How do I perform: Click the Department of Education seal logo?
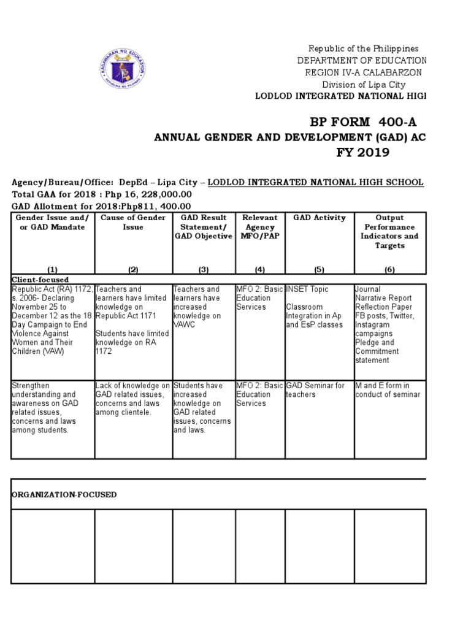[121, 69]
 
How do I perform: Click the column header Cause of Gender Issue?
[133, 222]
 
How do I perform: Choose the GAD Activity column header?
[320, 218]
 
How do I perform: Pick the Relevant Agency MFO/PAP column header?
[260, 227]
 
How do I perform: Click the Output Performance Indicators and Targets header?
[389, 231]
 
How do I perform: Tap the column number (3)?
[204, 269]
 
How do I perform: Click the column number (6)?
[389, 269]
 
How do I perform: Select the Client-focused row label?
[40, 279]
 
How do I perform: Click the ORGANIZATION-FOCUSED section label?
[64, 494]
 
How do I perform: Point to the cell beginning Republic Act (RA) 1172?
[52, 320]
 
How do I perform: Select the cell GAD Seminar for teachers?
[315, 390]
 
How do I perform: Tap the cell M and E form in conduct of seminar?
[388, 390]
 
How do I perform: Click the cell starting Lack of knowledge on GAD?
[132, 399]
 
